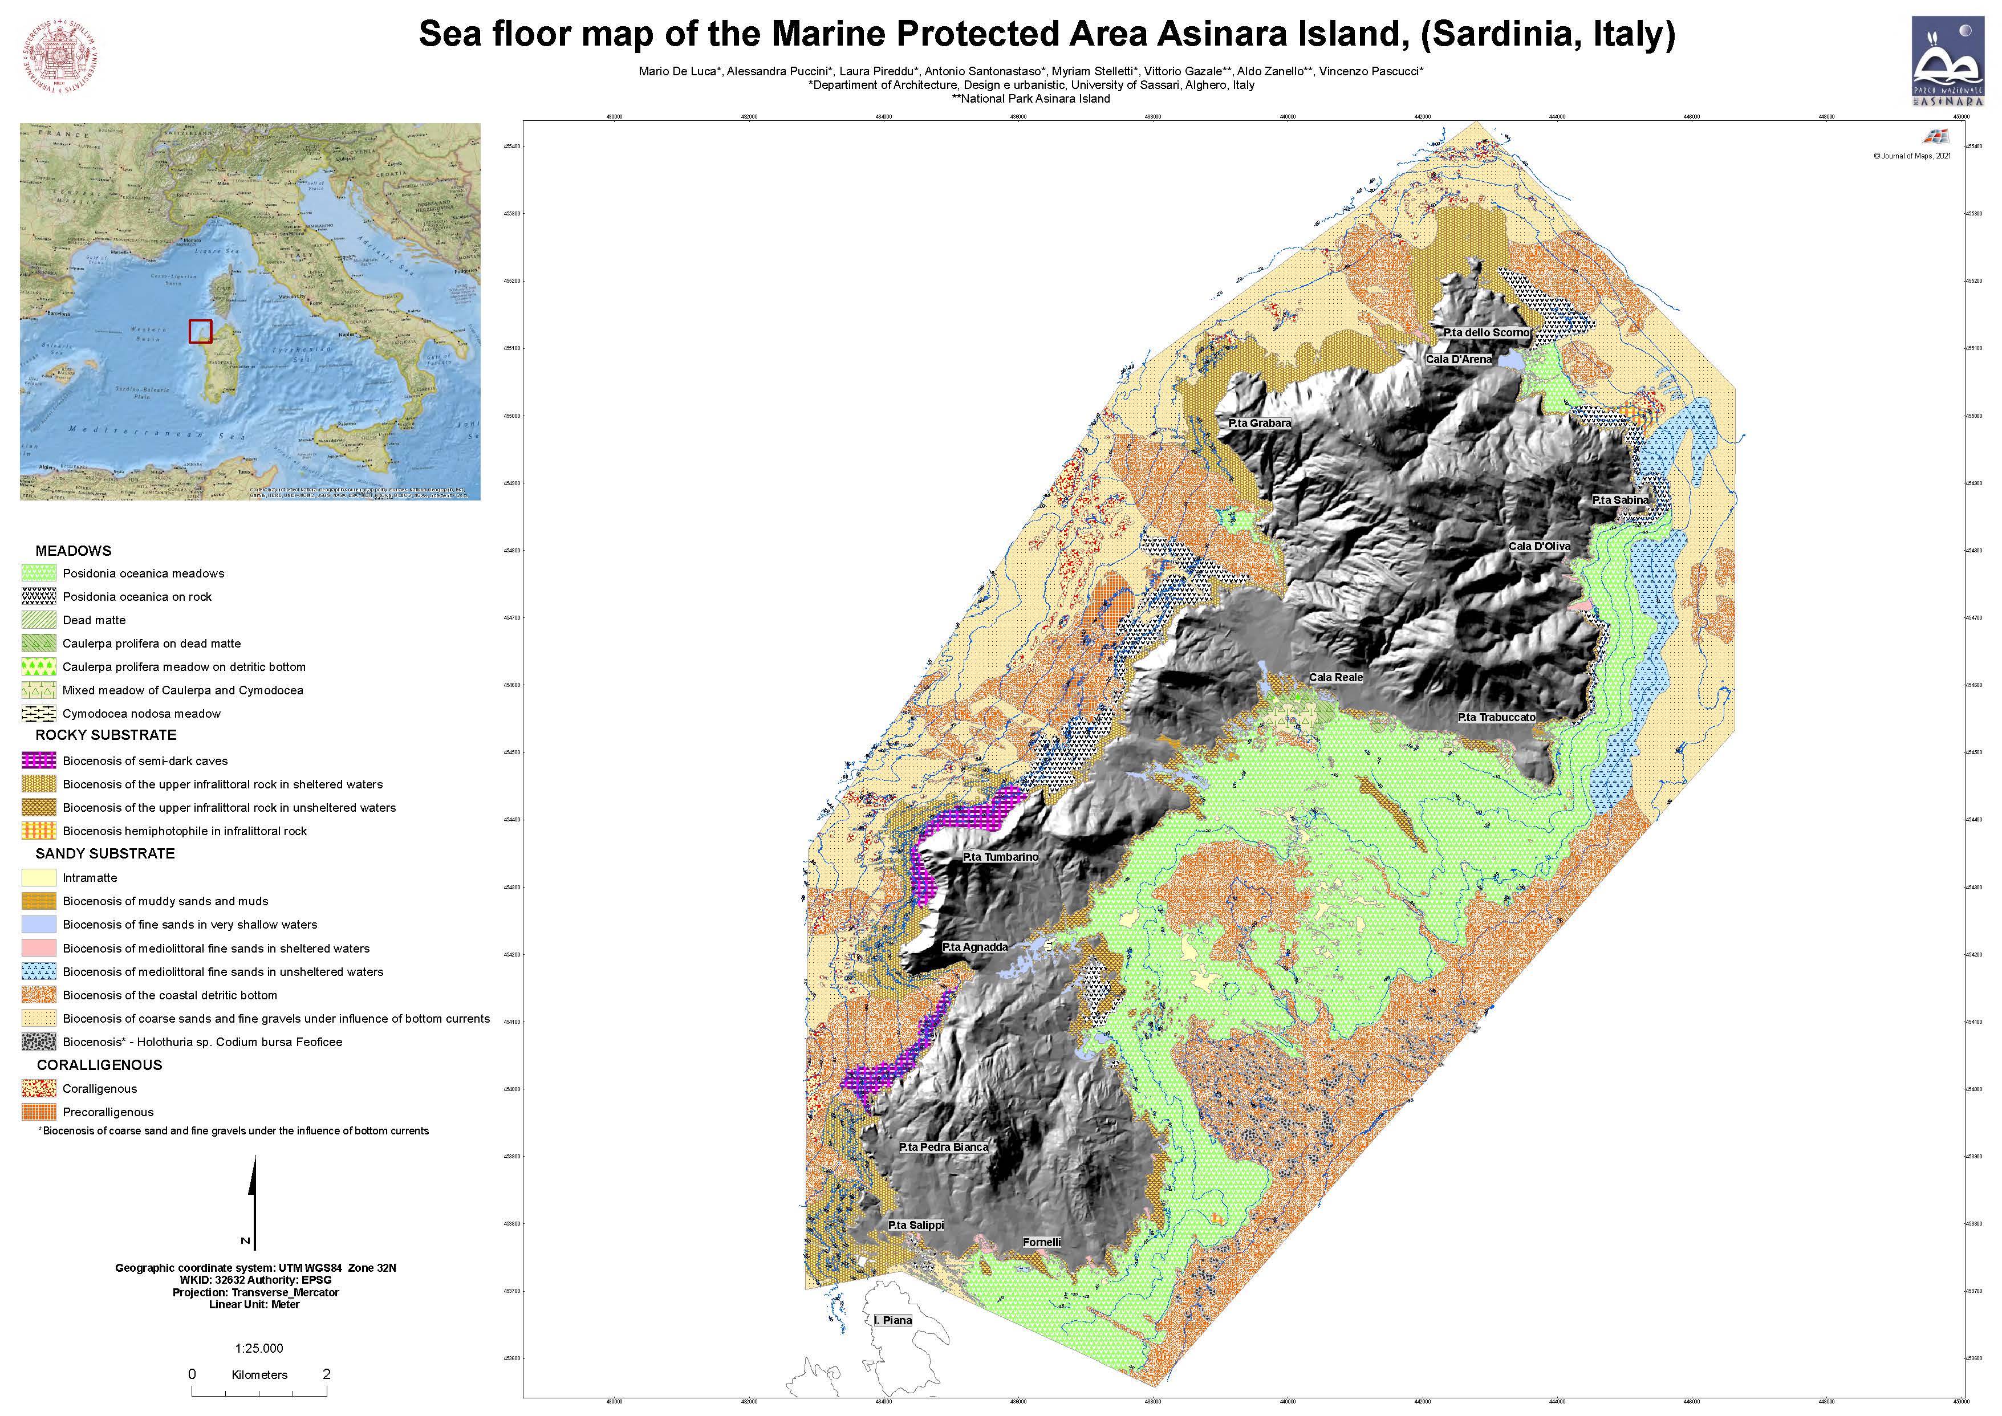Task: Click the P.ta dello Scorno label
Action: (x=1486, y=332)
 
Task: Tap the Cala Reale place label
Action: (x=1335, y=677)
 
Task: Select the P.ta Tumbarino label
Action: (x=1000, y=857)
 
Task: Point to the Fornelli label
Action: (x=1041, y=1243)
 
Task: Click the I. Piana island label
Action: (x=893, y=1320)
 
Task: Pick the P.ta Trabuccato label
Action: (x=1496, y=718)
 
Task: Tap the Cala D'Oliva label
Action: (x=1539, y=546)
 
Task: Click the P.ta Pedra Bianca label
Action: (x=944, y=1148)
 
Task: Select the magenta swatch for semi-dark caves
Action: (x=39, y=760)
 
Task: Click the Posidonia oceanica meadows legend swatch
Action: (x=39, y=573)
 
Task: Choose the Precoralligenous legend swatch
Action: (x=39, y=1112)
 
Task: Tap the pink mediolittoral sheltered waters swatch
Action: (x=39, y=948)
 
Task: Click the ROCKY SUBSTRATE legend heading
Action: (x=105, y=735)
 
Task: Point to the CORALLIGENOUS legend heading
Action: (x=99, y=1065)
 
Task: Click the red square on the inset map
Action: (x=201, y=331)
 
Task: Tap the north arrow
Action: (x=253, y=1203)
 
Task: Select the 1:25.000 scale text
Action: (x=259, y=1348)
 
